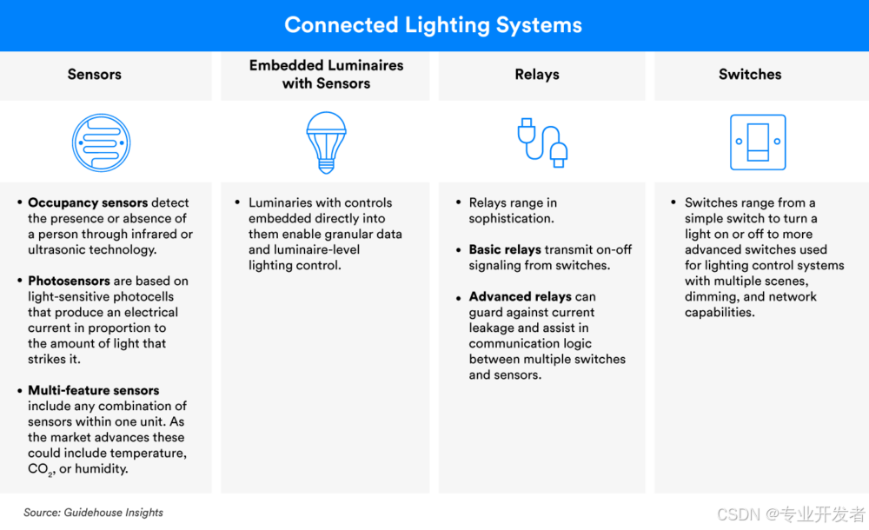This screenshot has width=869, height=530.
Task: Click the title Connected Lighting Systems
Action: tap(434, 25)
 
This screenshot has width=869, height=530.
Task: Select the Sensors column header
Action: tap(95, 75)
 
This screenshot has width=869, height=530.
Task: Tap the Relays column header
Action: tap(537, 75)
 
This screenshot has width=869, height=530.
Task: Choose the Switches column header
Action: tap(750, 75)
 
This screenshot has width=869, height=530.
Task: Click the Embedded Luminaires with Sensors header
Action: tap(326, 75)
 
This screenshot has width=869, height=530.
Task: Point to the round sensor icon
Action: tap(100, 142)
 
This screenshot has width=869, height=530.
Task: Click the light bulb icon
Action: tap(326, 142)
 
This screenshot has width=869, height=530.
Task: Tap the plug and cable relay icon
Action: tap(542, 142)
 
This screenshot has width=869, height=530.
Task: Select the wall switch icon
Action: tap(758, 142)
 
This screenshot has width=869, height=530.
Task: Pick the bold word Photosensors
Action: tap(69, 282)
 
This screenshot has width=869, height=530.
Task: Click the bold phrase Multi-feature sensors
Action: tap(93, 391)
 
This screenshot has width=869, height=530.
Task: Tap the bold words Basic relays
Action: tap(505, 250)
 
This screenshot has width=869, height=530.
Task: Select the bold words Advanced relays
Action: tap(520, 297)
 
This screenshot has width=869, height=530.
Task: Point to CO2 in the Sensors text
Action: tap(40, 470)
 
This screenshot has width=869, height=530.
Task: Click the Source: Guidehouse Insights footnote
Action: tap(94, 513)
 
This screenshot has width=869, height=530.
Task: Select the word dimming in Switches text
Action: tap(710, 297)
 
